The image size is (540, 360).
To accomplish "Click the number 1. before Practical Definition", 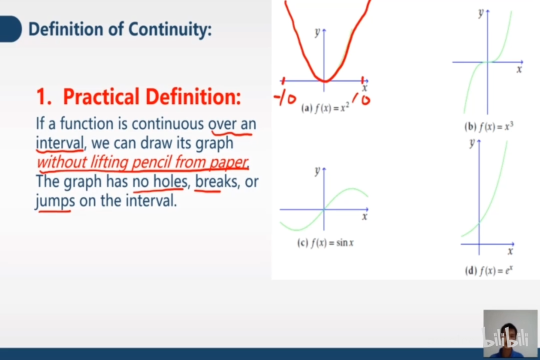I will coord(44,96).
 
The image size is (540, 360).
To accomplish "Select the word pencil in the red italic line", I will coord(152,162).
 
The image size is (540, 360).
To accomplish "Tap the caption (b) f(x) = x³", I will coord(488,126).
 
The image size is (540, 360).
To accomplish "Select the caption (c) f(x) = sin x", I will coord(325,243).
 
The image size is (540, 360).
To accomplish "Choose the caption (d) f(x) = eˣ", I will coord(488,271).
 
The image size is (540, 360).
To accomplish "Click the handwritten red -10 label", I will coord(285,98).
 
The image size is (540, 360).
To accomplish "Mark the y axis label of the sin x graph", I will coord(317,171).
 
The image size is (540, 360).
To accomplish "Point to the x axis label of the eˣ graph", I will coord(510,251).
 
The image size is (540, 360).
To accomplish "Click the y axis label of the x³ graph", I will coord(480,13).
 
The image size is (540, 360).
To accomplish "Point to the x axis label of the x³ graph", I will coord(519,69).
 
